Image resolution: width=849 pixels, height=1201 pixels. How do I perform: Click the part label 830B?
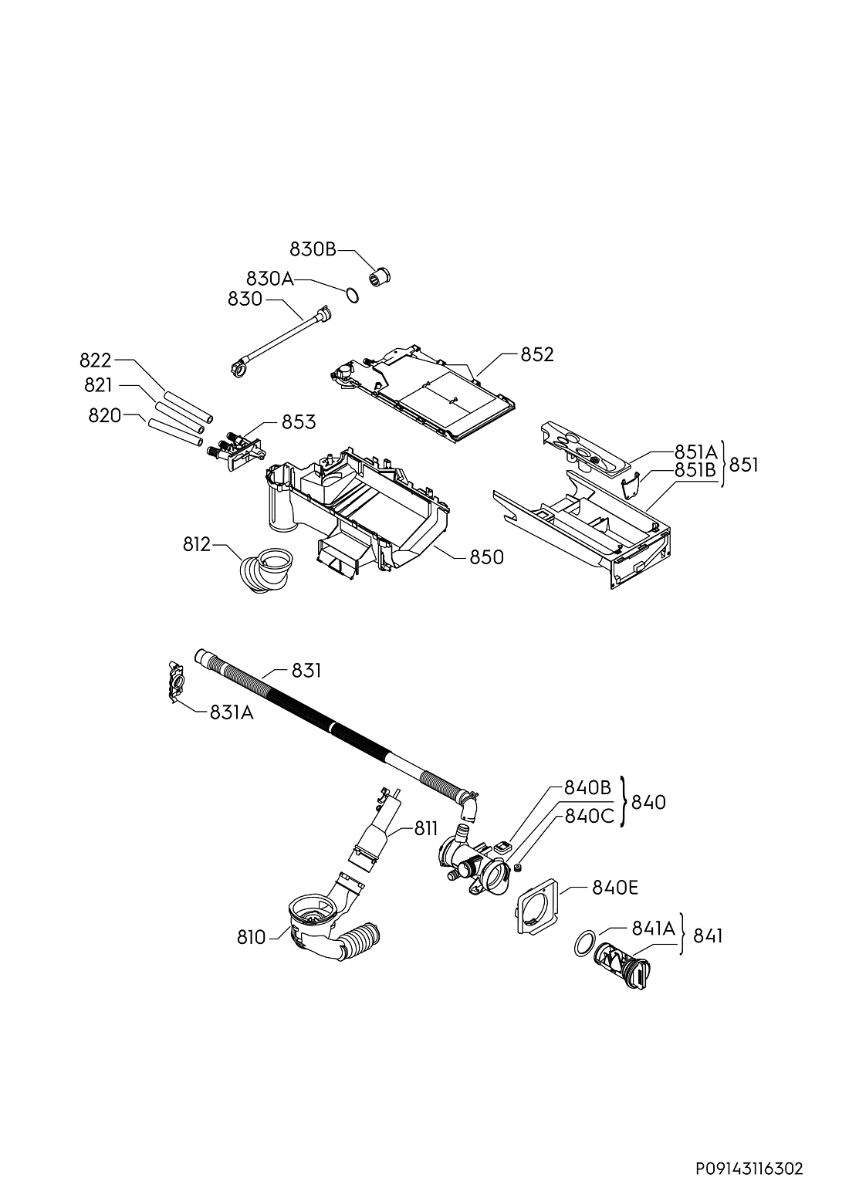click(x=313, y=249)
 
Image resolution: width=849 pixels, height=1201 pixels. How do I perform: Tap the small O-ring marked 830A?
click(x=352, y=295)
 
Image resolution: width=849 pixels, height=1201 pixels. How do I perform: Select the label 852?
click(x=537, y=354)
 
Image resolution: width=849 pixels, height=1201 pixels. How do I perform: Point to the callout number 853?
click(x=299, y=422)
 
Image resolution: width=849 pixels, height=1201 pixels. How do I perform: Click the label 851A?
click(x=695, y=452)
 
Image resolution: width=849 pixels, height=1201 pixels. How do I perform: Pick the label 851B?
click(x=695, y=470)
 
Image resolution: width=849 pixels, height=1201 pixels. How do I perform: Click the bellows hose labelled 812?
click(x=266, y=570)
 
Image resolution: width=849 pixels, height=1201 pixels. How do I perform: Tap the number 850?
click(x=487, y=557)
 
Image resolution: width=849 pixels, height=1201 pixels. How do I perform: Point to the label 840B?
click(x=587, y=787)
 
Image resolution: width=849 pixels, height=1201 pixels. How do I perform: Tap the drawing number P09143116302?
click(x=750, y=1164)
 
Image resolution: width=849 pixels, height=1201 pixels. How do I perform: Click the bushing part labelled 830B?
click(x=381, y=276)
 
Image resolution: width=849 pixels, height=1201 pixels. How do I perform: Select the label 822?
click(x=96, y=360)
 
